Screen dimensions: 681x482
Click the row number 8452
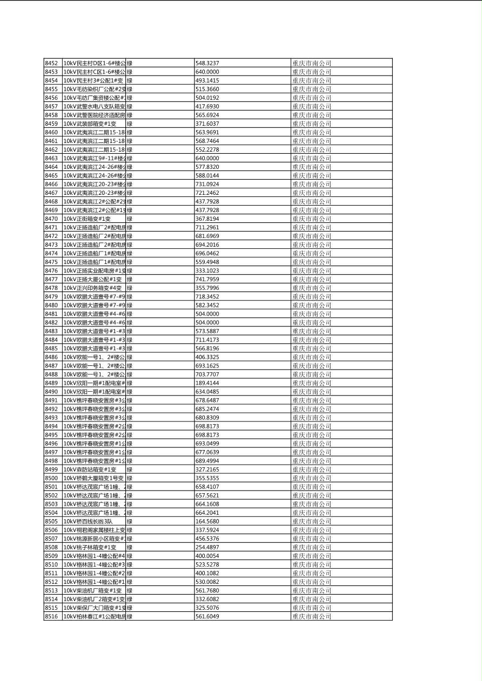tap(51, 63)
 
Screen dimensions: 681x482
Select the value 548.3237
tap(207, 63)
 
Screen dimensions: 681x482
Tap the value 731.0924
tap(207, 184)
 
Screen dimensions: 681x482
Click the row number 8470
tap(51, 219)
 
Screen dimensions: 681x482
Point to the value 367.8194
tap(207, 219)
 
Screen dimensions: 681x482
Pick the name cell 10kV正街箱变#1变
tap(87, 219)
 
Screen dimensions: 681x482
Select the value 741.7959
tap(207, 279)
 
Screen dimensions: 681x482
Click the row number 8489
tap(51, 383)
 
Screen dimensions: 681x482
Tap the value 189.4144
tap(207, 383)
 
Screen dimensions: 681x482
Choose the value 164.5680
tap(207, 521)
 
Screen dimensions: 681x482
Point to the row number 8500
tap(51, 478)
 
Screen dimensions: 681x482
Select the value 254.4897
tap(207, 547)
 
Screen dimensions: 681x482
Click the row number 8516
tap(51, 616)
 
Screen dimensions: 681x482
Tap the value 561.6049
tap(207, 616)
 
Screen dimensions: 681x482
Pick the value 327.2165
tap(207, 469)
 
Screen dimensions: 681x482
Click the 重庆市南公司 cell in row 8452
tap(312, 63)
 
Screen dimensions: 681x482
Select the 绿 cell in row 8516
tap(130, 616)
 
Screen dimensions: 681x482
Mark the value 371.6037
tap(207, 124)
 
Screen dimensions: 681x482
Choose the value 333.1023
tap(207, 270)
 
